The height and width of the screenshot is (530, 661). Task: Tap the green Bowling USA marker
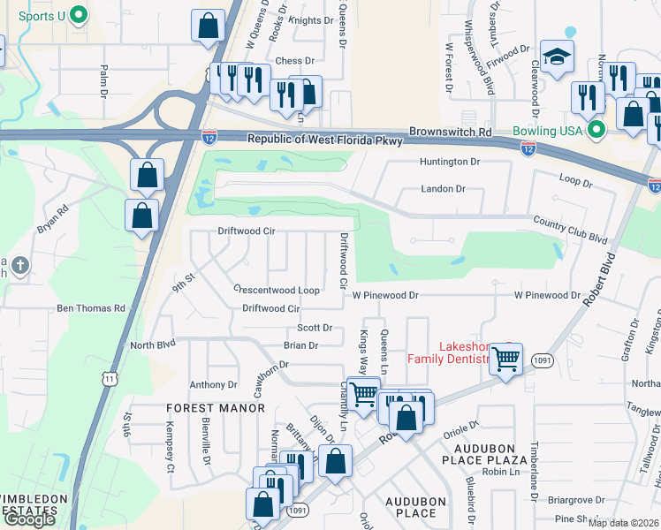596,131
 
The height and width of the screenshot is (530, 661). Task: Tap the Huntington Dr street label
450,162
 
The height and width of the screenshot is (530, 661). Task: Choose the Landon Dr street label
443,189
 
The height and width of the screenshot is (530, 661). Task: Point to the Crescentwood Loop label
276,290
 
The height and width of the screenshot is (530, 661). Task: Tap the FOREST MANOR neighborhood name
216,408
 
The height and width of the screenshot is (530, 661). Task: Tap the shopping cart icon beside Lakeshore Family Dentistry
506,359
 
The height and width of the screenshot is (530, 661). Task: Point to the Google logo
29,519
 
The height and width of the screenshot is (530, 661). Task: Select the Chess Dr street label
295,61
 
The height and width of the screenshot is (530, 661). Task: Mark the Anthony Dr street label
214,385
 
